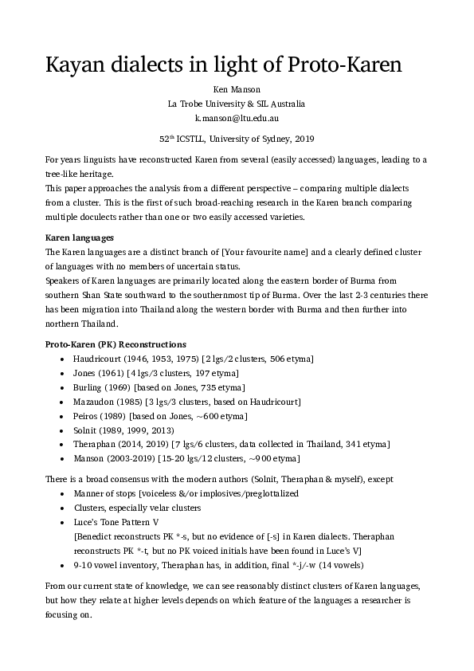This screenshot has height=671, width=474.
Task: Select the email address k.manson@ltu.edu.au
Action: pos(237,117)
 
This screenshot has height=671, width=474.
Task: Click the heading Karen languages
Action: pos(80,238)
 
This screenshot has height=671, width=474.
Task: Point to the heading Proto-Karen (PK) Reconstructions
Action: pos(116,343)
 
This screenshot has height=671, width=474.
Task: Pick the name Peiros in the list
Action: pos(86,416)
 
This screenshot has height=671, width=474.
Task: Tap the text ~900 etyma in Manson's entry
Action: pos(274,459)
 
